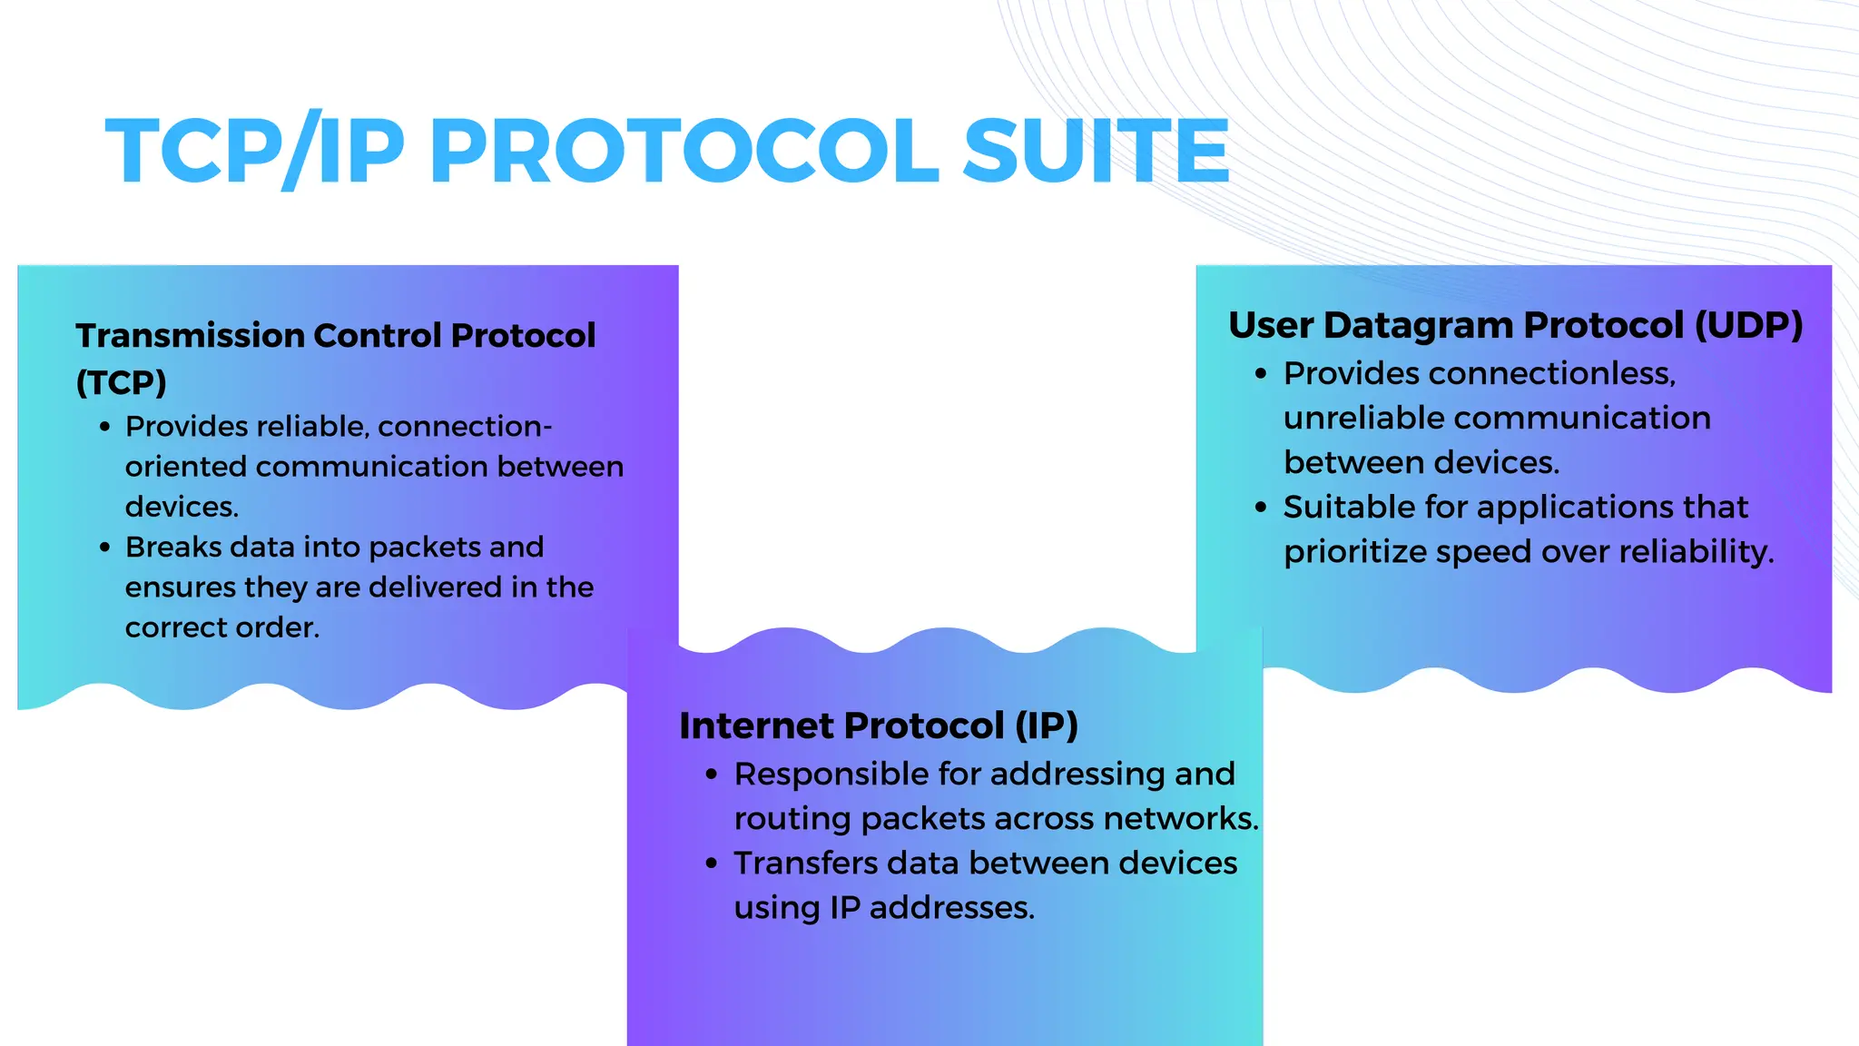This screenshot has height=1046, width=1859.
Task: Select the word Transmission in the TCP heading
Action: point(190,336)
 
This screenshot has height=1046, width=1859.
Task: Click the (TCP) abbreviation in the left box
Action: point(122,382)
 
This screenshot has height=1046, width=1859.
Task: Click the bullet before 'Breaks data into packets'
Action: point(105,548)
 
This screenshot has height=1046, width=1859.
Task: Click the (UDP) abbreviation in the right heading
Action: point(1748,325)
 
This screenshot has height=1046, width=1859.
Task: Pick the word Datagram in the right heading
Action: point(1418,325)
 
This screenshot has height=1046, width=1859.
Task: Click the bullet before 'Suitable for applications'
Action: point(1261,507)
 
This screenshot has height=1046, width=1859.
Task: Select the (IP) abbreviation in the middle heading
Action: point(1046,725)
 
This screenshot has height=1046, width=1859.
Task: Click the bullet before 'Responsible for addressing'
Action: point(712,775)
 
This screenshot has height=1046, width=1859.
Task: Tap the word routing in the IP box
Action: point(792,819)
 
